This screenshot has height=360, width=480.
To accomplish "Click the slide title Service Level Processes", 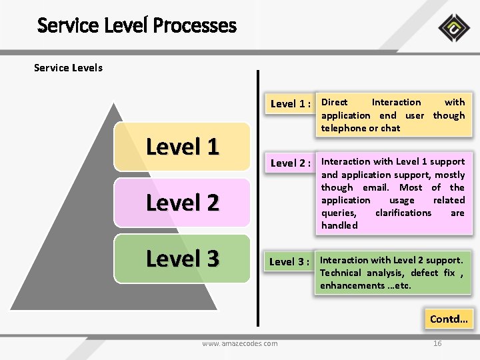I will [137, 25].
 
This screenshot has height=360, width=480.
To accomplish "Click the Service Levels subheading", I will [68, 67].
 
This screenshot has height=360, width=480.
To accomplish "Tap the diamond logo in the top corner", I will [453, 28].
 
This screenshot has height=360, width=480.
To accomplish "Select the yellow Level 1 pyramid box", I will [182, 147].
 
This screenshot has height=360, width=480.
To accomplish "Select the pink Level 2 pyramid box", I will [182, 202].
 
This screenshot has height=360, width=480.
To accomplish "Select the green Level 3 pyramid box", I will [182, 258].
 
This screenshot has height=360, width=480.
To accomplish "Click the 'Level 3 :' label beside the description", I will [290, 261].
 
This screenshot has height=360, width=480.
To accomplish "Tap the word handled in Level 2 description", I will [339, 225].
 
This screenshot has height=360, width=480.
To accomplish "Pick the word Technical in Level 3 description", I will [341, 273].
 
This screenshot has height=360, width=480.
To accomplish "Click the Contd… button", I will [449, 319].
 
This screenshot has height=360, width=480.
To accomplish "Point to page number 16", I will [437, 343].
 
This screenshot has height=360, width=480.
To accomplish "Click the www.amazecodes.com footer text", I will [240, 343].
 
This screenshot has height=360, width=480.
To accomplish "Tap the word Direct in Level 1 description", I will [335, 102].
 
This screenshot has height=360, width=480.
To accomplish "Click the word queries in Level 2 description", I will [338, 213].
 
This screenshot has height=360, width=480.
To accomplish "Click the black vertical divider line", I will [259, 200].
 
